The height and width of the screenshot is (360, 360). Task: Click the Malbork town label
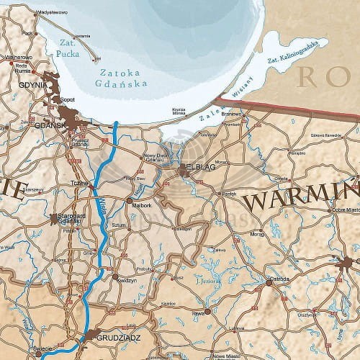pos(141,204)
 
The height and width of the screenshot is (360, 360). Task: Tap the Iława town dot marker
pos(207,311)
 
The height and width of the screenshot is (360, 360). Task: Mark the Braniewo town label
pos(230,113)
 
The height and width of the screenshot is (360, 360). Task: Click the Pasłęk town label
pos(228,193)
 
